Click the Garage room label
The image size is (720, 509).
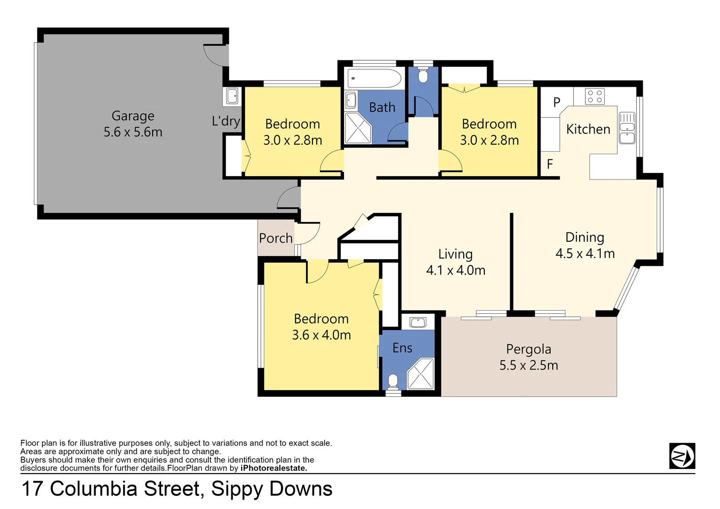tap(133, 116)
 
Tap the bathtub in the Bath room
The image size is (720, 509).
tap(374, 78)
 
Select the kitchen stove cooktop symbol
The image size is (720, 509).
tap(595, 97)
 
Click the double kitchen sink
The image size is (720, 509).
tap(627, 128)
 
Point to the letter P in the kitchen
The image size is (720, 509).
tap(556, 102)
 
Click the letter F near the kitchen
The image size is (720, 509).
tap(549, 164)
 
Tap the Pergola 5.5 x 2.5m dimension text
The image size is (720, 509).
tap(529, 365)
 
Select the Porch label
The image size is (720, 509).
tap(276, 238)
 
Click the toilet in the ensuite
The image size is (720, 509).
tap(393, 381)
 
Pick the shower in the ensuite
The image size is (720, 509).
tap(420, 374)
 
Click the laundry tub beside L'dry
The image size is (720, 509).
tap(232, 96)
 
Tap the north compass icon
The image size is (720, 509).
tap(682, 456)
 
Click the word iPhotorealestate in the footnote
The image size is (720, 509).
tap(273, 468)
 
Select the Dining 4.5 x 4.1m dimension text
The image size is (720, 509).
tap(585, 254)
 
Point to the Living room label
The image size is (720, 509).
tap(455, 254)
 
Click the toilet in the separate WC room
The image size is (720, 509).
tap(423, 76)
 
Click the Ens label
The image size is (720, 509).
tap(402, 348)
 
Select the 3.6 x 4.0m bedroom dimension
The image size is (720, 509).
tap(321, 335)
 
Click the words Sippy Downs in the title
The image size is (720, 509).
tap(271, 489)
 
